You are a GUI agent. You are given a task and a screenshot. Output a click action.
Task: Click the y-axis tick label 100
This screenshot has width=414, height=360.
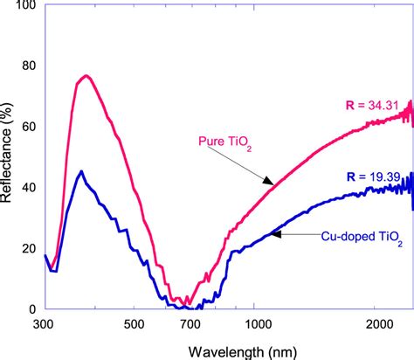(24, 7)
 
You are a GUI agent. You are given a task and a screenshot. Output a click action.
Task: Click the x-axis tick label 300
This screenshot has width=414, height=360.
(45, 324)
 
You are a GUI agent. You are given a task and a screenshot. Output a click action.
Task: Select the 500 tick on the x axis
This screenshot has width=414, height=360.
(134, 324)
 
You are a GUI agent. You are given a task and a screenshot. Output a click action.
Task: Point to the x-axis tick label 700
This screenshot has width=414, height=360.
(192, 324)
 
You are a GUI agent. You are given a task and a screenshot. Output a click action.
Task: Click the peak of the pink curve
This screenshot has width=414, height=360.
(86, 75)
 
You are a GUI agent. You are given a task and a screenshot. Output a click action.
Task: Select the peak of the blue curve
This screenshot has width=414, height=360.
(81, 171)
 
